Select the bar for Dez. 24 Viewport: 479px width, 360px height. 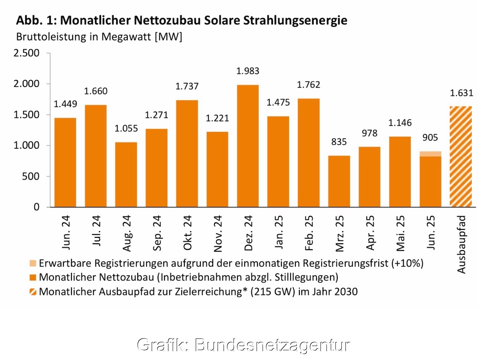[248, 146]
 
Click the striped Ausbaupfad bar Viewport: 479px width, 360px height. [461, 157]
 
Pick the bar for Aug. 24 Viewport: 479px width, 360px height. [126, 175]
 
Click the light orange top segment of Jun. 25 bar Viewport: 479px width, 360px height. [430, 154]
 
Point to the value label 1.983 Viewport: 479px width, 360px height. [248, 72]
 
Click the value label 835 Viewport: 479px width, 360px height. [339, 142]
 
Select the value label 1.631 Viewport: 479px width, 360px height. [461, 93]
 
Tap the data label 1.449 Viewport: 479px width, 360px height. [65, 105]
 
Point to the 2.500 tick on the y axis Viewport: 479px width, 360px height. [27, 53]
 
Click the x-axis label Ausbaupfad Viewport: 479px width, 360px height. [461, 245]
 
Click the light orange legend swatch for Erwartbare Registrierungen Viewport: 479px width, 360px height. [33, 263]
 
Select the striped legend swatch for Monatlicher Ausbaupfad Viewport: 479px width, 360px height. [33, 292]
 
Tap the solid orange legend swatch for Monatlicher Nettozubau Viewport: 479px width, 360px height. [33, 277]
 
